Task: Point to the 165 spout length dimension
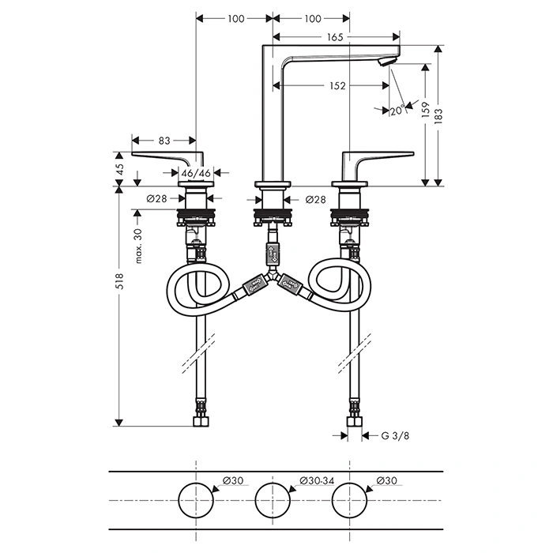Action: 335,36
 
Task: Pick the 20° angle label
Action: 397,111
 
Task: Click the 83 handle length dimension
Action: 164,141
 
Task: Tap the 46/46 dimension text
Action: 196,172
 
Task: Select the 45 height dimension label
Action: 120,169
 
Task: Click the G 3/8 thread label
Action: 395,434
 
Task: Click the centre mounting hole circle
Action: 272,501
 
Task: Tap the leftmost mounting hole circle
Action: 194,501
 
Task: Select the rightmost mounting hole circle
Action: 350,501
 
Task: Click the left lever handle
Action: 170,156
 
